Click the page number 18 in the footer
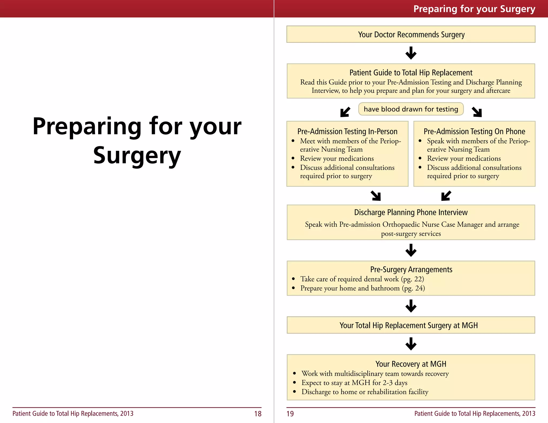(x=258, y=414)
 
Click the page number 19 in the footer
(x=290, y=414)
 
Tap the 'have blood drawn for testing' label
(x=411, y=109)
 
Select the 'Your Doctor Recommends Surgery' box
(x=411, y=34)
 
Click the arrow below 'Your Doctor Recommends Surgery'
(x=411, y=53)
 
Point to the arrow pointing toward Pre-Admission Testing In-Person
(x=345, y=112)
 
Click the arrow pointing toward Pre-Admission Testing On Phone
(x=477, y=112)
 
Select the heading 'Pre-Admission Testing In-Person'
(x=347, y=131)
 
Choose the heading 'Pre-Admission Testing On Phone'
(x=474, y=131)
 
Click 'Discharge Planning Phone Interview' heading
(x=411, y=212)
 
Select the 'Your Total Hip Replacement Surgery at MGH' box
(x=411, y=325)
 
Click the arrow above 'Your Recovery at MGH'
(x=411, y=344)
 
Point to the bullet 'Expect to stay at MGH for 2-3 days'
(x=354, y=383)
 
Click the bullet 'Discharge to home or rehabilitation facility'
(x=365, y=392)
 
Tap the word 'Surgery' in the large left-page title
(x=137, y=156)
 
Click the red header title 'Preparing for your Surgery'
(x=474, y=9)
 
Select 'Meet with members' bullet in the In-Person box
(x=350, y=145)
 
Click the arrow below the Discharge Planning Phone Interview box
(x=411, y=250)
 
